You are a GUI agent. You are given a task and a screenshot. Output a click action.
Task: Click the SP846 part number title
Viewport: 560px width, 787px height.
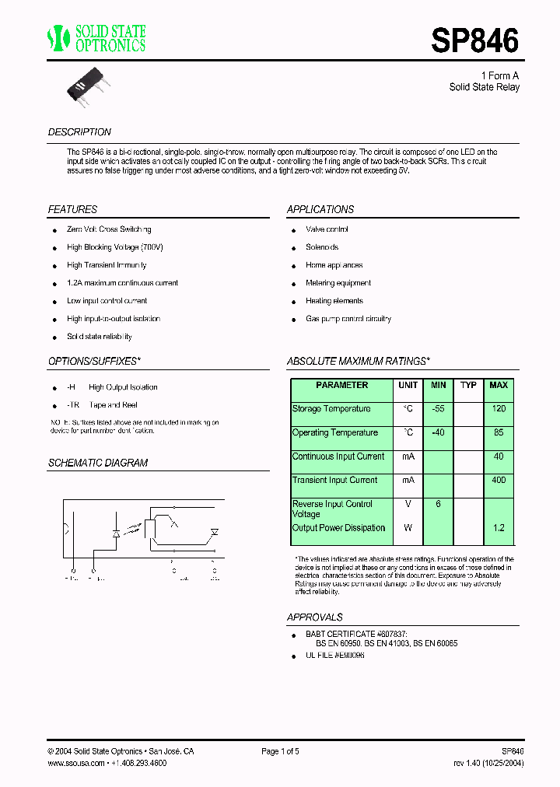pyautogui.click(x=474, y=40)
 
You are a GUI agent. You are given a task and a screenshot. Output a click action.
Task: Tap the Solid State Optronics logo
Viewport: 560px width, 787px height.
pyautogui.click(x=97, y=38)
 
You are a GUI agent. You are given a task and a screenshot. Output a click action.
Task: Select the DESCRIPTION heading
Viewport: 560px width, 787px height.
pyautogui.click(x=79, y=132)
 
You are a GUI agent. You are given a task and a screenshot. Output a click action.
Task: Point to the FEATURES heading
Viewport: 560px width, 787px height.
pyautogui.click(x=72, y=210)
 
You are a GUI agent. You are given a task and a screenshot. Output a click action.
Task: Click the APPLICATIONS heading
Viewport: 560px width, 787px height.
pyautogui.click(x=320, y=210)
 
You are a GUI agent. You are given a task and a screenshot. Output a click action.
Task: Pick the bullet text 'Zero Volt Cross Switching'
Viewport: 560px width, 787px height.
pyautogui.click(x=109, y=229)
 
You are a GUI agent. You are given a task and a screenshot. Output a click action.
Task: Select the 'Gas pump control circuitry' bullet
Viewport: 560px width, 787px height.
pyautogui.click(x=348, y=319)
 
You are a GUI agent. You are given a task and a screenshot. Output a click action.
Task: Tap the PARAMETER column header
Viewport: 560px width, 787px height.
pyautogui.click(x=341, y=385)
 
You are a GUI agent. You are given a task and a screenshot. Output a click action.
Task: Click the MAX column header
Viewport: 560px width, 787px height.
pyautogui.click(x=498, y=385)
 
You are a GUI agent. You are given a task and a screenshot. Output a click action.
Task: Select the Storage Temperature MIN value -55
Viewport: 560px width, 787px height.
pyautogui.click(x=438, y=409)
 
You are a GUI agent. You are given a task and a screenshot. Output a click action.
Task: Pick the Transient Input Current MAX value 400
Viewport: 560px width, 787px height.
pyautogui.click(x=499, y=481)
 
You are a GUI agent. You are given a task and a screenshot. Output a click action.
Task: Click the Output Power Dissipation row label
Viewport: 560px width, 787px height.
pyautogui.click(x=338, y=528)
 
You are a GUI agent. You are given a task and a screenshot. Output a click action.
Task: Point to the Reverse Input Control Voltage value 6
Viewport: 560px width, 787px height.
pyautogui.click(x=438, y=505)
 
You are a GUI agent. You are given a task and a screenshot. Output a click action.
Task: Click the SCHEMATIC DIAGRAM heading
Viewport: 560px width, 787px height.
pyautogui.click(x=98, y=463)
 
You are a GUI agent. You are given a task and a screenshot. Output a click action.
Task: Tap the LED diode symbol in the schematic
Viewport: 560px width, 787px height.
pyautogui.click(x=116, y=534)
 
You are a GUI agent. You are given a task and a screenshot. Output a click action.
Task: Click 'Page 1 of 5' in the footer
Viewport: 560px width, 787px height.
pyautogui.click(x=280, y=751)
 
